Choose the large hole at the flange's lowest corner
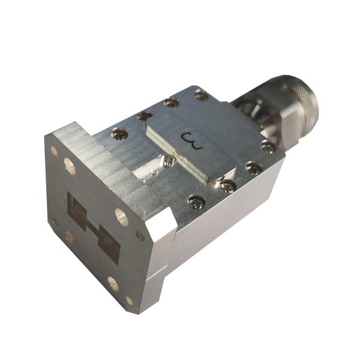[113, 284]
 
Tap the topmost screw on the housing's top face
[201, 95]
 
